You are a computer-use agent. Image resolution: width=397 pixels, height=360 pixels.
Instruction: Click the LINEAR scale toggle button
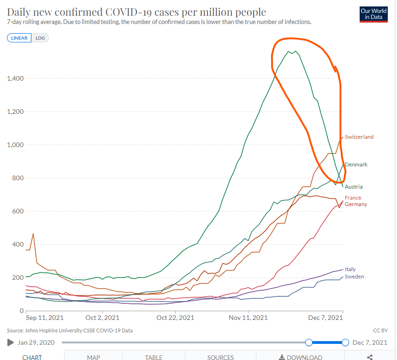(x=19, y=38)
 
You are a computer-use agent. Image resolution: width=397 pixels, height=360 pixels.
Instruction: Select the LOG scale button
(x=40, y=38)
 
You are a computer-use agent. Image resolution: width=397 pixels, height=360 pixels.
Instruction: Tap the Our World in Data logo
(x=373, y=14)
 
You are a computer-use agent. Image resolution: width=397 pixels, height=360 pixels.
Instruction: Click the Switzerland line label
(x=359, y=137)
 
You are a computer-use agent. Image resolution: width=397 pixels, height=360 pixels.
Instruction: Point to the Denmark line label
(x=356, y=165)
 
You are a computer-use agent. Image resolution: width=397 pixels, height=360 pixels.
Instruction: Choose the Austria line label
(x=354, y=187)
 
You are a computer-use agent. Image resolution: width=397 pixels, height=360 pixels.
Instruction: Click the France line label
(x=353, y=198)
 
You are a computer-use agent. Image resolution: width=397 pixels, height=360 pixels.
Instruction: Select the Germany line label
(x=356, y=204)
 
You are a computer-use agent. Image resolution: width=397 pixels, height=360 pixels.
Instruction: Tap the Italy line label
(x=350, y=269)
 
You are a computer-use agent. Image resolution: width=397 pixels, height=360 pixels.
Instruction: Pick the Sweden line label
(x=354, y=277)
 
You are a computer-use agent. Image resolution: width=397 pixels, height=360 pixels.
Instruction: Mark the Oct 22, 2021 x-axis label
(x=175, y=318)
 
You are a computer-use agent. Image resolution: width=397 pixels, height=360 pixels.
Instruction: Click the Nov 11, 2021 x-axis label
(x=249, y=318)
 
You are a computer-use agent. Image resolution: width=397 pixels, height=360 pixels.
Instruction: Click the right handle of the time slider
(x=345, y=342)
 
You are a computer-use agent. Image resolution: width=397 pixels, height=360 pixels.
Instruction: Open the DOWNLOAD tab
(x=300, y=357)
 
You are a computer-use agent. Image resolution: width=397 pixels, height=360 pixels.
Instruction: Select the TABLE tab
(x=154, y=357)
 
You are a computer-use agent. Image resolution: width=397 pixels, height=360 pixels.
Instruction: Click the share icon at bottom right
(x=369, y=357)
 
